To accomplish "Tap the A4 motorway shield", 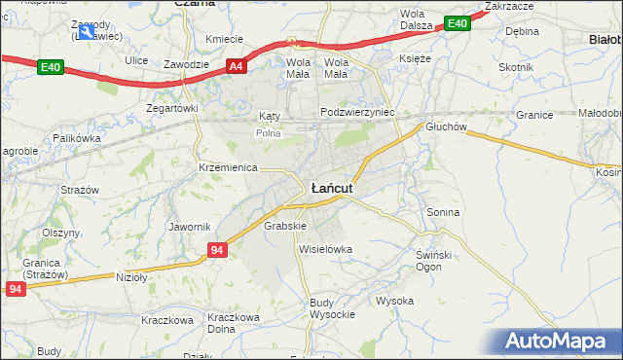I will (236, 66).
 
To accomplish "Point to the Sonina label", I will (443, 211).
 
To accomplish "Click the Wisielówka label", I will (325, 249).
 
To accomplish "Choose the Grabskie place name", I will (285, 226).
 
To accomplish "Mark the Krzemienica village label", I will (227, 167).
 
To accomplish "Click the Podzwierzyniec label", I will (358, 113).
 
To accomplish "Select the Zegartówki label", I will (172, 108).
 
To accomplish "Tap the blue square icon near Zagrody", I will (88, 32).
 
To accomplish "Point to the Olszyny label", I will (60, 234).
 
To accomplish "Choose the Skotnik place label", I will (516, 67).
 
